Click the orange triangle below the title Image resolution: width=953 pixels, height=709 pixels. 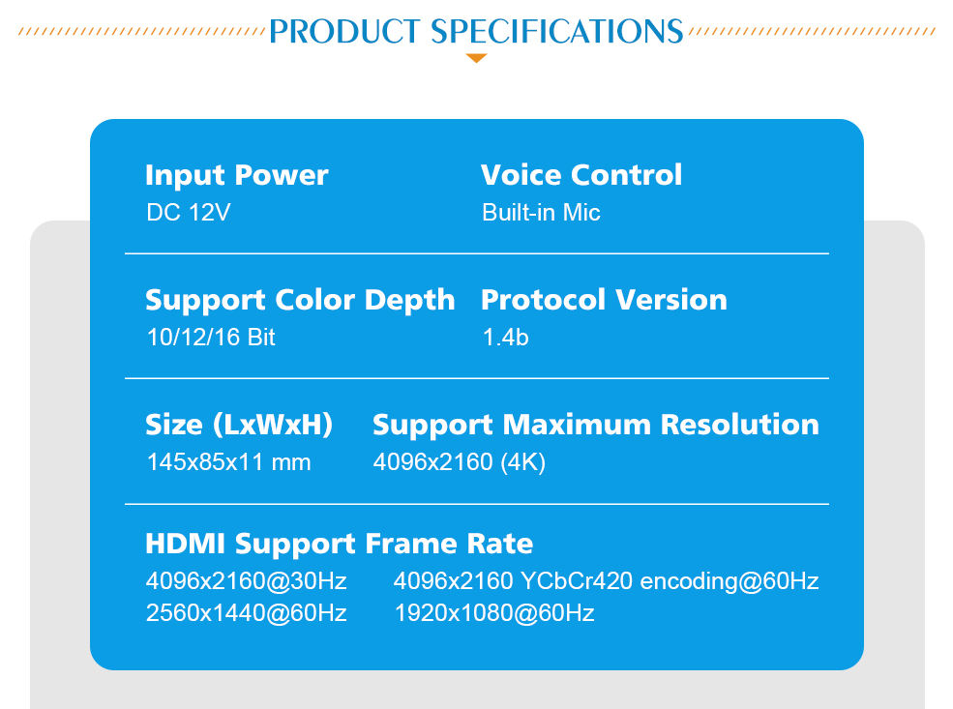coord(476,58)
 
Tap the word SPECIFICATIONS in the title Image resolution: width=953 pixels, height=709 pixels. coord(557,32)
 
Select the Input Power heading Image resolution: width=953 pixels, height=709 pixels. coord(236,176)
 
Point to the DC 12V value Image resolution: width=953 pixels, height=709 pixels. coord(189,213)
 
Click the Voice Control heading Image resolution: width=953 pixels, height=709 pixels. coord(581,175)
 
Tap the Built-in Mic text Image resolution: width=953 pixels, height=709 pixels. coord(541,213)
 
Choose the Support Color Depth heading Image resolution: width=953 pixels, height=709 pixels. coord(300,301)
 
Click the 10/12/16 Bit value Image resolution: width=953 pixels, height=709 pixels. coord(211,338)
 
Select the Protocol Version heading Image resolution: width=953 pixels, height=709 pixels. coord(604,300)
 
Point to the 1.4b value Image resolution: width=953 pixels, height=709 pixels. coord(505,338)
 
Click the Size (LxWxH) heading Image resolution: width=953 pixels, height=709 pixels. coord(239,425)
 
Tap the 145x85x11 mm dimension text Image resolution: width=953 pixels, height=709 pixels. coord(229,462)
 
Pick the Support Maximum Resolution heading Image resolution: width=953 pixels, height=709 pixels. coord(596,426)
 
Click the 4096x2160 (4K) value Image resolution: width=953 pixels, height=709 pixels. coord(459,462)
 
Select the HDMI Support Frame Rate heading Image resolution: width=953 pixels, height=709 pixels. coord(340,544)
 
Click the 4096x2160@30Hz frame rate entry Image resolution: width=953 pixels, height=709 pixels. coord(246,581)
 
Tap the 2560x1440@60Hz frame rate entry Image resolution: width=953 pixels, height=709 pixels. coord(246,613)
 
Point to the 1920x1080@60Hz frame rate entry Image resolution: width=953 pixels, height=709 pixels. coord(494,613)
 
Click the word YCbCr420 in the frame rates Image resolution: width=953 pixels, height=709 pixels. coord(577,581)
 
